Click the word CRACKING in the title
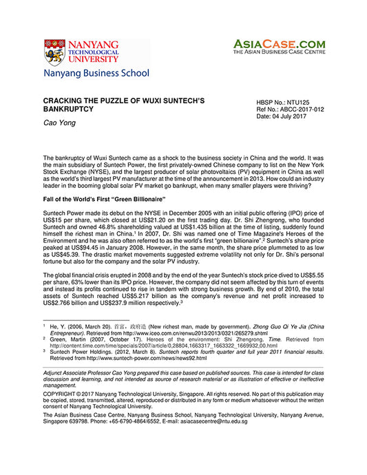tap(65, 101)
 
